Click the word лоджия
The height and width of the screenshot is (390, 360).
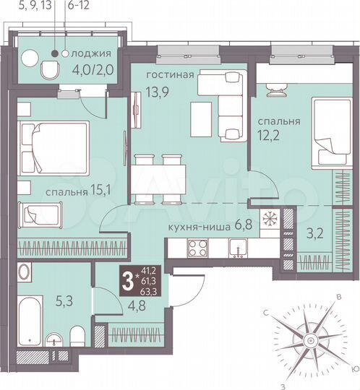(x=92, y=53)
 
